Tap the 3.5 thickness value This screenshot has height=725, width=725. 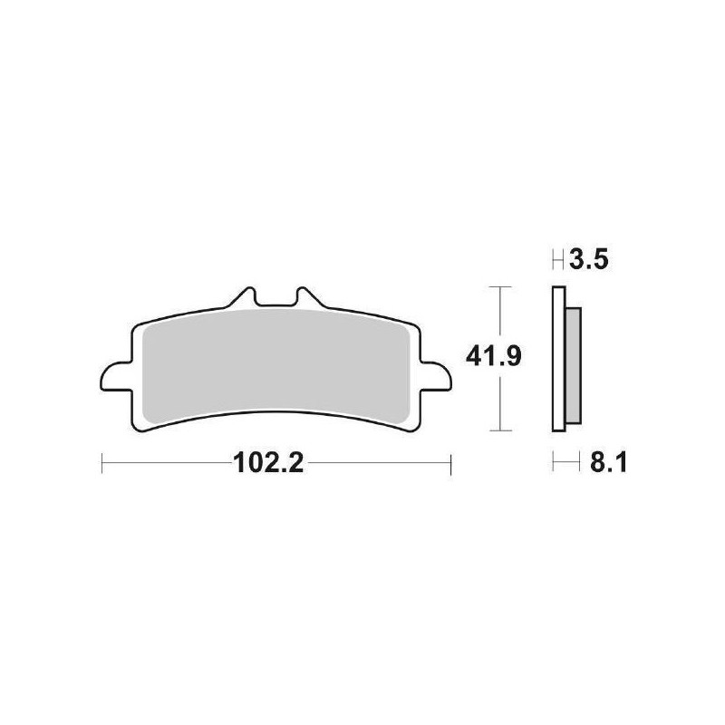tap(588, 263)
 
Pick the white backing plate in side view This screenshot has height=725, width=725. tap(557, 358)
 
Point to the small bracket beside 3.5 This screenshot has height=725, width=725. tap(558, 263)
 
